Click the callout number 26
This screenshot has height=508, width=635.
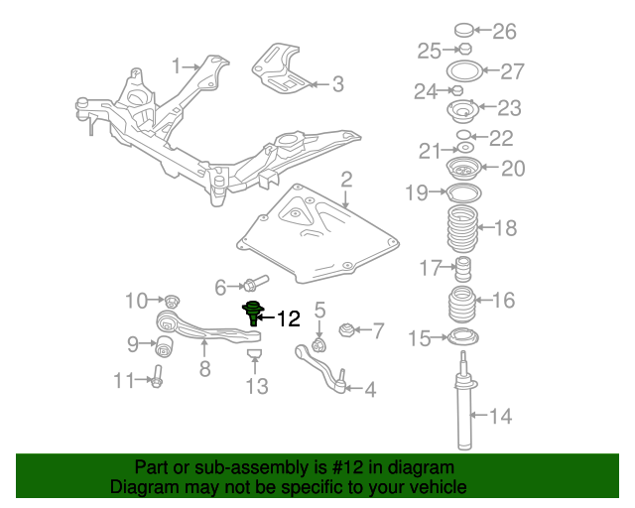click(505, 32)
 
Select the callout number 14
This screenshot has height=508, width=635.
click(501, 416)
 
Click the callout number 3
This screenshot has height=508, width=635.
click(337, 85)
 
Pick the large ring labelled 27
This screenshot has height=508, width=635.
click(462, 71)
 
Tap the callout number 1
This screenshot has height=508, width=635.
click(177, 66)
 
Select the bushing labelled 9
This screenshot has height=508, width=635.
click(166, 345)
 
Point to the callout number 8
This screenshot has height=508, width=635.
click(204, 370)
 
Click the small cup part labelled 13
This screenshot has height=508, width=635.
click(254, 354)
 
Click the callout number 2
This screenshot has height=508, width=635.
click(346, 180)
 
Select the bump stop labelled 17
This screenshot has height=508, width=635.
click(460, 268)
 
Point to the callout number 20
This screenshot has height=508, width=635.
click(512, 169)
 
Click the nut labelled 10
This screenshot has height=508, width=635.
click(171, 300)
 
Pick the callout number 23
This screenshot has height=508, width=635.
click(509, 108)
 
